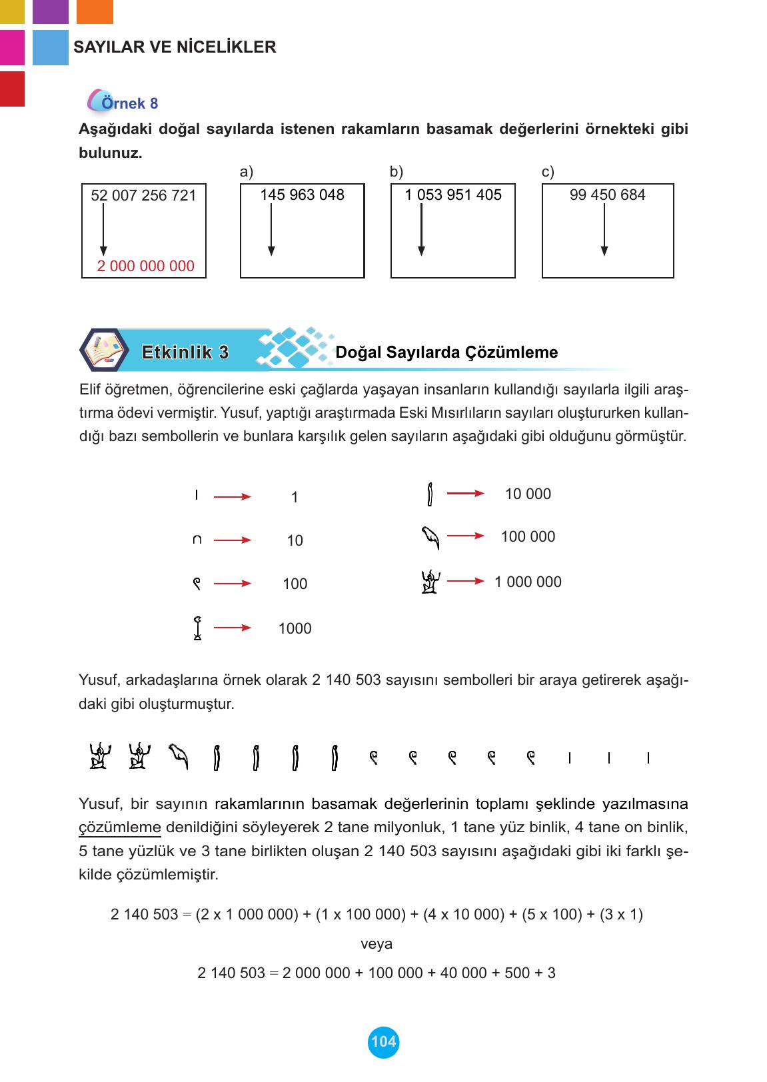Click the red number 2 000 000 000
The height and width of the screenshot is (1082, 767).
(x=145, y=267)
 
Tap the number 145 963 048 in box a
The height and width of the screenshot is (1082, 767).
(x=302, y=195)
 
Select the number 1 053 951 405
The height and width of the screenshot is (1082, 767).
(x=453, y=195)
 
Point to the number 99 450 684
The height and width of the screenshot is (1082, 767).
(x=608, y=195)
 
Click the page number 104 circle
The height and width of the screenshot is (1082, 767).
(x=383, y=1041)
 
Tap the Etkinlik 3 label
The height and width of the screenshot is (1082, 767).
(x=185, y=352)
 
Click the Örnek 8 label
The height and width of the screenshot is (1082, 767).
(x=129, y=103)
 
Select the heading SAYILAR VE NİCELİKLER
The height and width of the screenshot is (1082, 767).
(x=175, y=47)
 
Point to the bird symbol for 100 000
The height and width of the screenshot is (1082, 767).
(x=431, y=537)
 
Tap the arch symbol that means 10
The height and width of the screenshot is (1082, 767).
(x=197, y=540)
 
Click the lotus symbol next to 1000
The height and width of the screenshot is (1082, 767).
(x=197, y=628)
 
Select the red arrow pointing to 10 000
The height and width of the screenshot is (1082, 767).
(x=465, y=494)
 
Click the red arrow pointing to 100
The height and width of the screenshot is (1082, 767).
(x=232, y=584)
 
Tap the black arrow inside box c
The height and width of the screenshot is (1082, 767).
(x=604, y=230)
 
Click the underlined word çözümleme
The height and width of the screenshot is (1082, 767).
(x=120, y=827)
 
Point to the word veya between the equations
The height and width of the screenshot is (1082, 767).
(x=377, y=944)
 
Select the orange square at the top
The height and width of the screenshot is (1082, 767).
(x=95, y=11)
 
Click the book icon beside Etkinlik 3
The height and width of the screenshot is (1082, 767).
(x=105, y=350)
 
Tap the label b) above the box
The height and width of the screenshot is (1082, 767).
(x=396, y=173)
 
